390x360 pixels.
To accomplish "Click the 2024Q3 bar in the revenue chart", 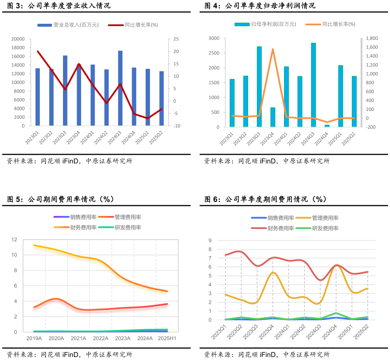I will tap(120, 88).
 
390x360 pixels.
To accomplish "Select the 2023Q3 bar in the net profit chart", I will tap(259, 87).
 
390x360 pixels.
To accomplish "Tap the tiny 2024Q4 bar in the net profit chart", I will tap(327, 126).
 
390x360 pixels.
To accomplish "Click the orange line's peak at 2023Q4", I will tap(273, 49).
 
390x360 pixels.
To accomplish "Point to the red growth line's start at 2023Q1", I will tap(38, 51).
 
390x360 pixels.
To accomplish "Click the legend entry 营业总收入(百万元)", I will tap(68, 25).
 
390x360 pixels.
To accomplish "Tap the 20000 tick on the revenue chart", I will tap(18, 39).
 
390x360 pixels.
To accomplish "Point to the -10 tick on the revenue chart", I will tap(176, 126).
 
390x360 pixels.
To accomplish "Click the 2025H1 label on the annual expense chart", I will tap(167, 338).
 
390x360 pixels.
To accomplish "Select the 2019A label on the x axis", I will tap(34, 338).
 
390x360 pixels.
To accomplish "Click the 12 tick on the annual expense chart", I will tap(14, 240).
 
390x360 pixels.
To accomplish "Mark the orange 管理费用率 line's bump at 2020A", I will tap(56, 299).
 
